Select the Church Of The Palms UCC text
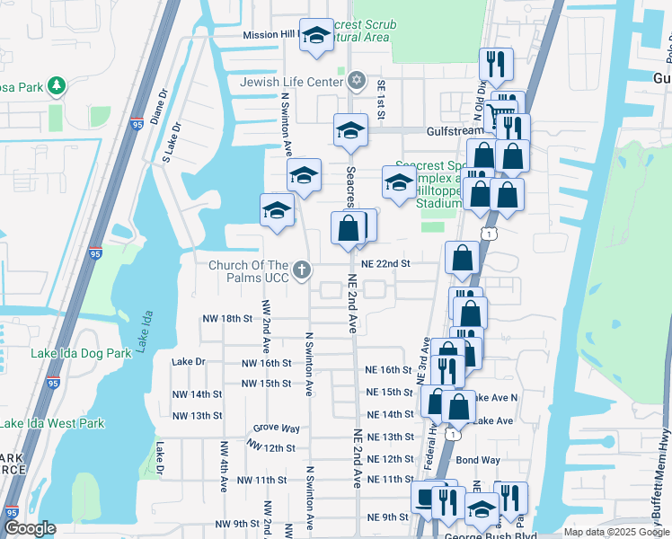point(249,271)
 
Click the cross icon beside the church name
point(303,269)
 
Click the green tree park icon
point(57,85)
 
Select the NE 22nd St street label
point(385,264)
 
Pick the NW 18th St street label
point(222,318)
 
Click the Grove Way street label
point(276,429)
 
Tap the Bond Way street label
point(477,460)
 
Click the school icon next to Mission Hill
point(315,36)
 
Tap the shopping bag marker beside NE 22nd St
point(462,258)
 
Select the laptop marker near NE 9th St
point(426,497)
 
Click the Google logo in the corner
point(31,528)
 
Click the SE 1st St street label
point(381,96)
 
